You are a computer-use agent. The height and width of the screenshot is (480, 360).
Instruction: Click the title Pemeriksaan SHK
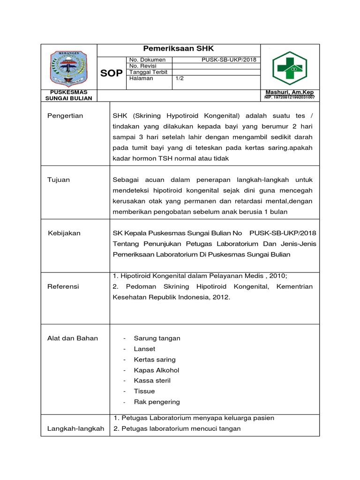178,49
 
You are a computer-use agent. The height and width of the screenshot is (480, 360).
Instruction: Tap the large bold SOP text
112,73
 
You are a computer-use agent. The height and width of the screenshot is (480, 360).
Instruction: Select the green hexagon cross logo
289,68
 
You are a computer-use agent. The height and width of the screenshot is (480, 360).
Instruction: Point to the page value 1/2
180,79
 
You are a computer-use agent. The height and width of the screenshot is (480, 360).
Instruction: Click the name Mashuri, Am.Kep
289,92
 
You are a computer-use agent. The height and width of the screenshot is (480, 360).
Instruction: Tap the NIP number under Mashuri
290,97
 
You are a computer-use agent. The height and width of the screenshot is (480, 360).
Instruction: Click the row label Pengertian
65,116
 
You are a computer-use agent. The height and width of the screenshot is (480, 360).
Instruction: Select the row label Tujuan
59,180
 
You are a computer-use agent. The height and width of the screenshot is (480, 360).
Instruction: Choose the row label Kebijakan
65,233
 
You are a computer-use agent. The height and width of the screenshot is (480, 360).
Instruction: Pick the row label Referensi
63,286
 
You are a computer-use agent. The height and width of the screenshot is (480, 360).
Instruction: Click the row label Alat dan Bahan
73,338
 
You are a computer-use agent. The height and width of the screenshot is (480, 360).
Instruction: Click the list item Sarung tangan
157,338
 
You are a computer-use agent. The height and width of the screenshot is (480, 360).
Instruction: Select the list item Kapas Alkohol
157,370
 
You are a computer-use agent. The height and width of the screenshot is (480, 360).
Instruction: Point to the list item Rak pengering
157,402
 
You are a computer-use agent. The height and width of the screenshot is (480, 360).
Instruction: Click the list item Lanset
144,349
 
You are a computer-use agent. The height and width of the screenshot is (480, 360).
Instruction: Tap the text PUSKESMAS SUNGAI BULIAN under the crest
68,95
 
